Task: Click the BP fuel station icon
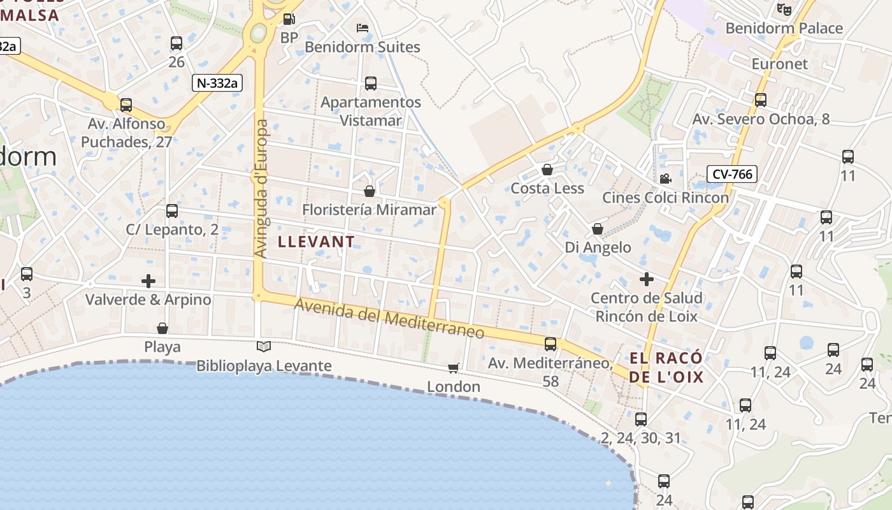(289, 20)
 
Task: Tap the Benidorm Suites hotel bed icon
(363, 28)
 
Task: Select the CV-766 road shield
(731, 174)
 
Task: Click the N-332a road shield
(217, 82)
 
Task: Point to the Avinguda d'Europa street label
(261, 189)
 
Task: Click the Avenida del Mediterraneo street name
(389, 321)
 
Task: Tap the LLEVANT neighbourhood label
(316, 242)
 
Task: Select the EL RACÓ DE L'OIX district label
(666, 367)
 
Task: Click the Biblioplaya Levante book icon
(264, 347)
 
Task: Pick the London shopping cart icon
(454, 368)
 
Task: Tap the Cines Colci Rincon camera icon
(665, 179)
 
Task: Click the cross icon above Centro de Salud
(647, 279)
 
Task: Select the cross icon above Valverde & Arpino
(148, 280)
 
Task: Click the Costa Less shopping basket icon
(547, 170)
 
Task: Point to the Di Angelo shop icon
(598, 229)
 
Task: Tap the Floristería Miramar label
(370, 210)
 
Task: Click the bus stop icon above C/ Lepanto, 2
(171, 211)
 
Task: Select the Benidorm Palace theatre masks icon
(784, 10)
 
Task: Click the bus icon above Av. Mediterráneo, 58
(550, 344)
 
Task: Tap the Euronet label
(779, 64)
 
